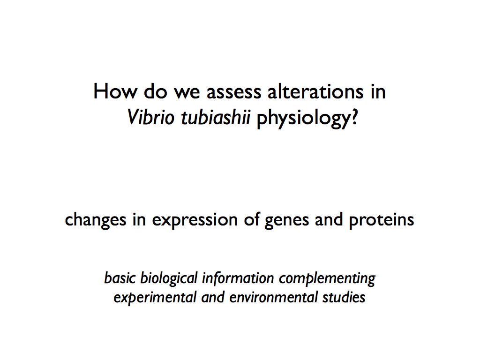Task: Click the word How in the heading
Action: (115, 91)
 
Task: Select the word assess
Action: (234, 93)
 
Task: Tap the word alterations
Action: (315, 91)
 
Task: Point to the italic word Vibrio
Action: (150, 117)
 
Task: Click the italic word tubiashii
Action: (216, 117)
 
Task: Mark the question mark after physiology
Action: (354, 117)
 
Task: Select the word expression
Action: (195, 221)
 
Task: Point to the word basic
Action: (120, 278)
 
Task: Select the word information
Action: (238, 278)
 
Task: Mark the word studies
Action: (344, 297)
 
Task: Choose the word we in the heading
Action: (187, 93)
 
